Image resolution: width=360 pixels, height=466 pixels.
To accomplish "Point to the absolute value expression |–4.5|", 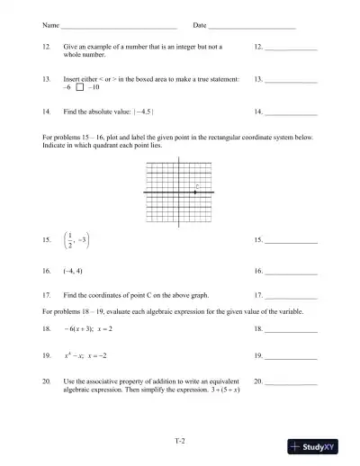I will point(144,112).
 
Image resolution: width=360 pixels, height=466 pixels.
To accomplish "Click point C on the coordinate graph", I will point(195,192).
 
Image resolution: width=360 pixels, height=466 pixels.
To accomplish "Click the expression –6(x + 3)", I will point(78,329).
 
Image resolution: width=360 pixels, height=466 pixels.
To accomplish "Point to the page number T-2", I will point(179,440).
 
